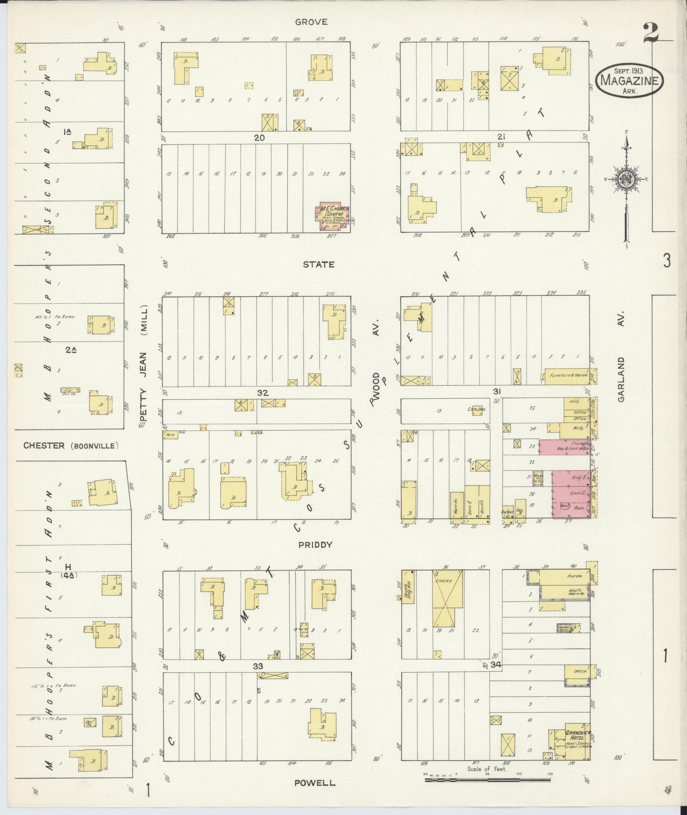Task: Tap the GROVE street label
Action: coord(311,22)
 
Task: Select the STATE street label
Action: coord(318,264)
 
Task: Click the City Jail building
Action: coord(477,410)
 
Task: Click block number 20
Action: coord(259,137)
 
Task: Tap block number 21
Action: coord(501,137)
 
